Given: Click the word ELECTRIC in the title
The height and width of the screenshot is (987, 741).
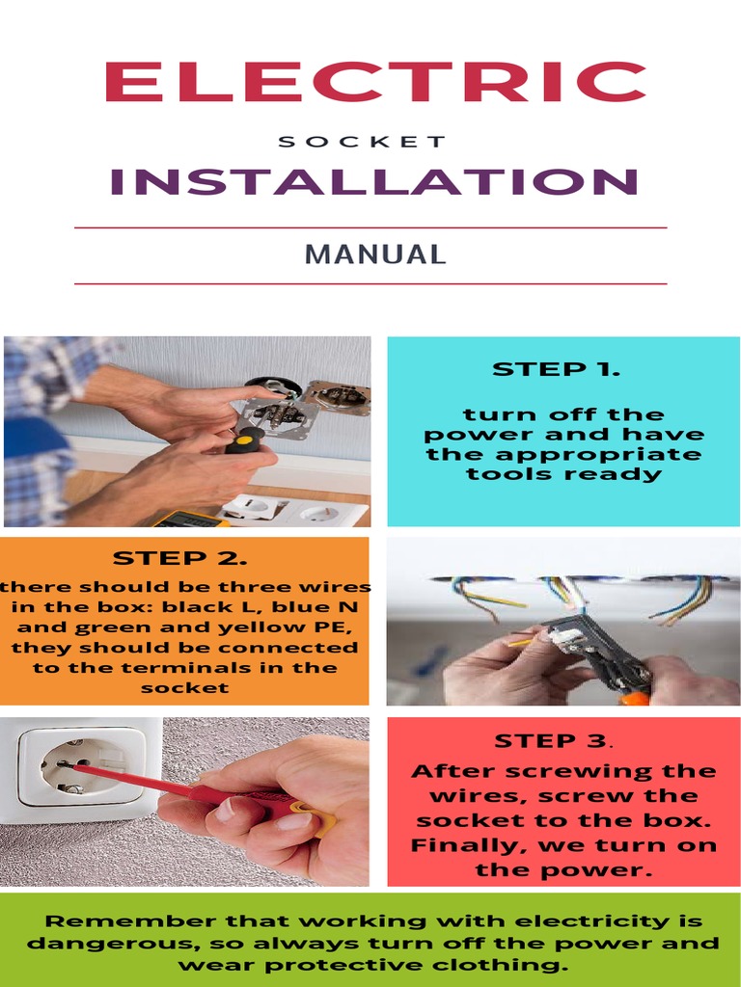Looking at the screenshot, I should [374, 84].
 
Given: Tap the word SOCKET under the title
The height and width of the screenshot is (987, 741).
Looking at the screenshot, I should [362, 142].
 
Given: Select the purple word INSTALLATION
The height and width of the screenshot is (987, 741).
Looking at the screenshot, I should [374, 182].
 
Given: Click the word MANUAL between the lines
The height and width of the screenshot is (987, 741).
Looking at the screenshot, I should [375, 255].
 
